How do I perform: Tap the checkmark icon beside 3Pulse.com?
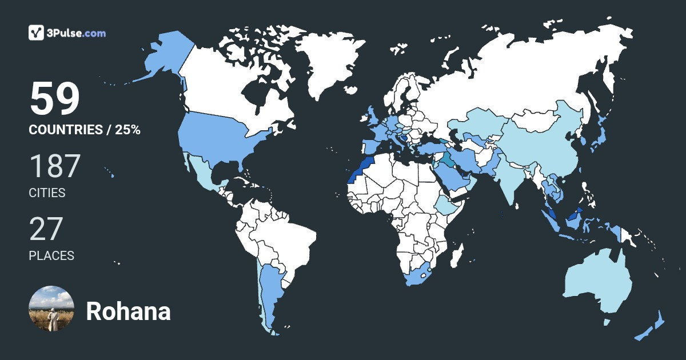pyautogui.click(x=37, y=33)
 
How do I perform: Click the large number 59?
pyautogui.click(x=54, y=99)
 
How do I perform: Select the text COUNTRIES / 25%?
pyautogui.click(x=85, y=130)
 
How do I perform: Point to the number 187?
pyautogui.click(x=54, y=166)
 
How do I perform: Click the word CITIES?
pyautogui.click(x=47, y=193)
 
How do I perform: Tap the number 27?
pyautogui.click(x=45, y=229)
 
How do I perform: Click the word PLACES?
pyautogui.click(x=51, y=255)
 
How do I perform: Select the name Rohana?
pyautogui.click(x=128, y=312)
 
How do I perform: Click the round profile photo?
pyautogui.click(x=51, y=309)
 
